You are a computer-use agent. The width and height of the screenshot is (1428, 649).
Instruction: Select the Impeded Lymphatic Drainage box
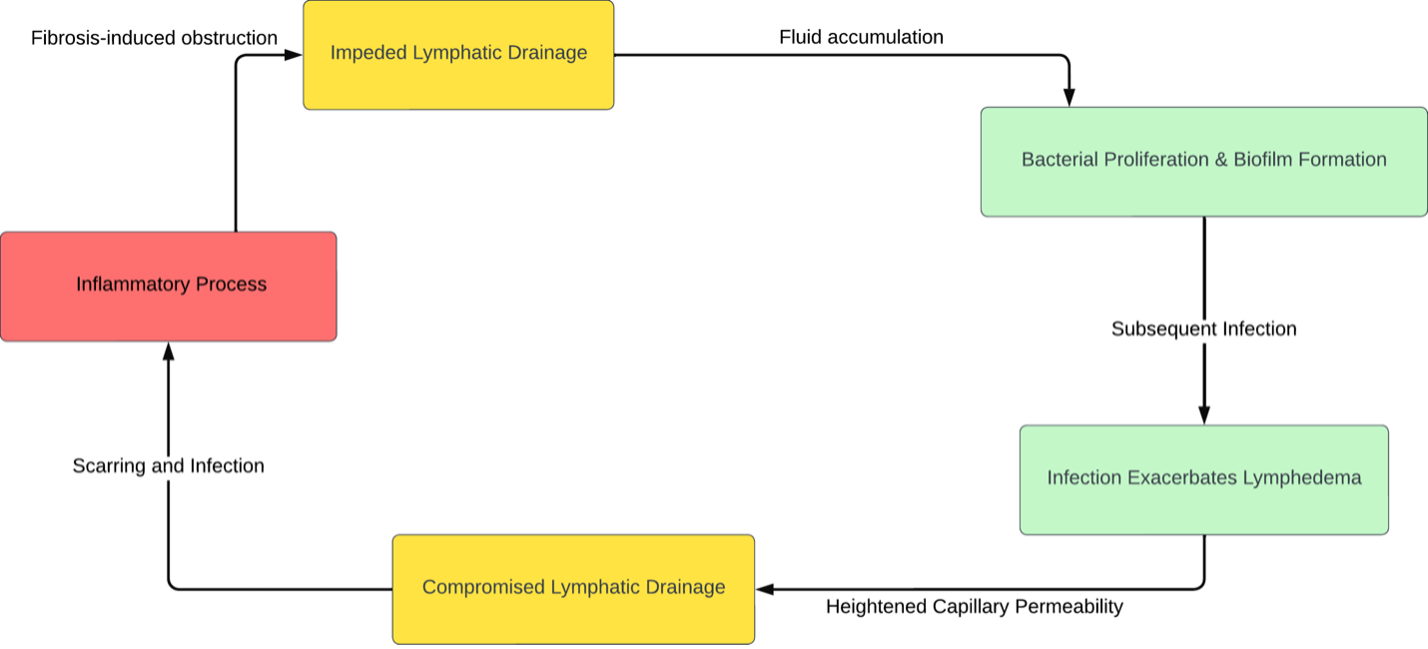[x=458, y=54]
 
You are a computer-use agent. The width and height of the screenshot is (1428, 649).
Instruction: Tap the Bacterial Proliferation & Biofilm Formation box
[x=1203, y=161]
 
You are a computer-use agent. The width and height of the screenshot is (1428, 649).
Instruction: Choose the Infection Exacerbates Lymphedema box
[x=1203, y=479]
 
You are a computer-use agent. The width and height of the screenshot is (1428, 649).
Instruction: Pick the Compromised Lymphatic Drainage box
[x=573, y=588]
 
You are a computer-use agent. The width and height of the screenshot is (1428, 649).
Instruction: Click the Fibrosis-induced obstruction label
[x=154, y=38]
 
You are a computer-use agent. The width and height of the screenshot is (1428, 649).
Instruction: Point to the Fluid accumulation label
[x=861, y=37]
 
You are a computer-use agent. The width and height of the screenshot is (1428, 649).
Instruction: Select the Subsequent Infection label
[x=1203, y=328]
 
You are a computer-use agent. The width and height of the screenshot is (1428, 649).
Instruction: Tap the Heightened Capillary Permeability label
[x=974, y=606]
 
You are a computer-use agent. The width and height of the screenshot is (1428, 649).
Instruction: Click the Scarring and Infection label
[x=168, y=465]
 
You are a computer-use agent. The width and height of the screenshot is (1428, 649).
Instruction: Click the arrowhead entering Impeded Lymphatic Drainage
[x=294, y=55]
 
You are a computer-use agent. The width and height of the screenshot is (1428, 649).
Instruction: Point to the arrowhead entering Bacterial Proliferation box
[x=1069, y=98]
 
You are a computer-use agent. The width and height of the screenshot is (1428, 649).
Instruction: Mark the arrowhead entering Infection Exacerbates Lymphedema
[x=1203, y=415]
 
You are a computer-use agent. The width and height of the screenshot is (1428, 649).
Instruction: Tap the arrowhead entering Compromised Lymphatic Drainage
[x=765, y=589]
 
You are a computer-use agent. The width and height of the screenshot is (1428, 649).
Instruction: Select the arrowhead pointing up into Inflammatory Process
[x=168, y=351]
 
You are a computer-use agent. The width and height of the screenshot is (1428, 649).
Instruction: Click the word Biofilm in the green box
[x=1263, y=160]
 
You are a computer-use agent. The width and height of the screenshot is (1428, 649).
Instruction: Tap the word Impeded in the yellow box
[x=367, y=53]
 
